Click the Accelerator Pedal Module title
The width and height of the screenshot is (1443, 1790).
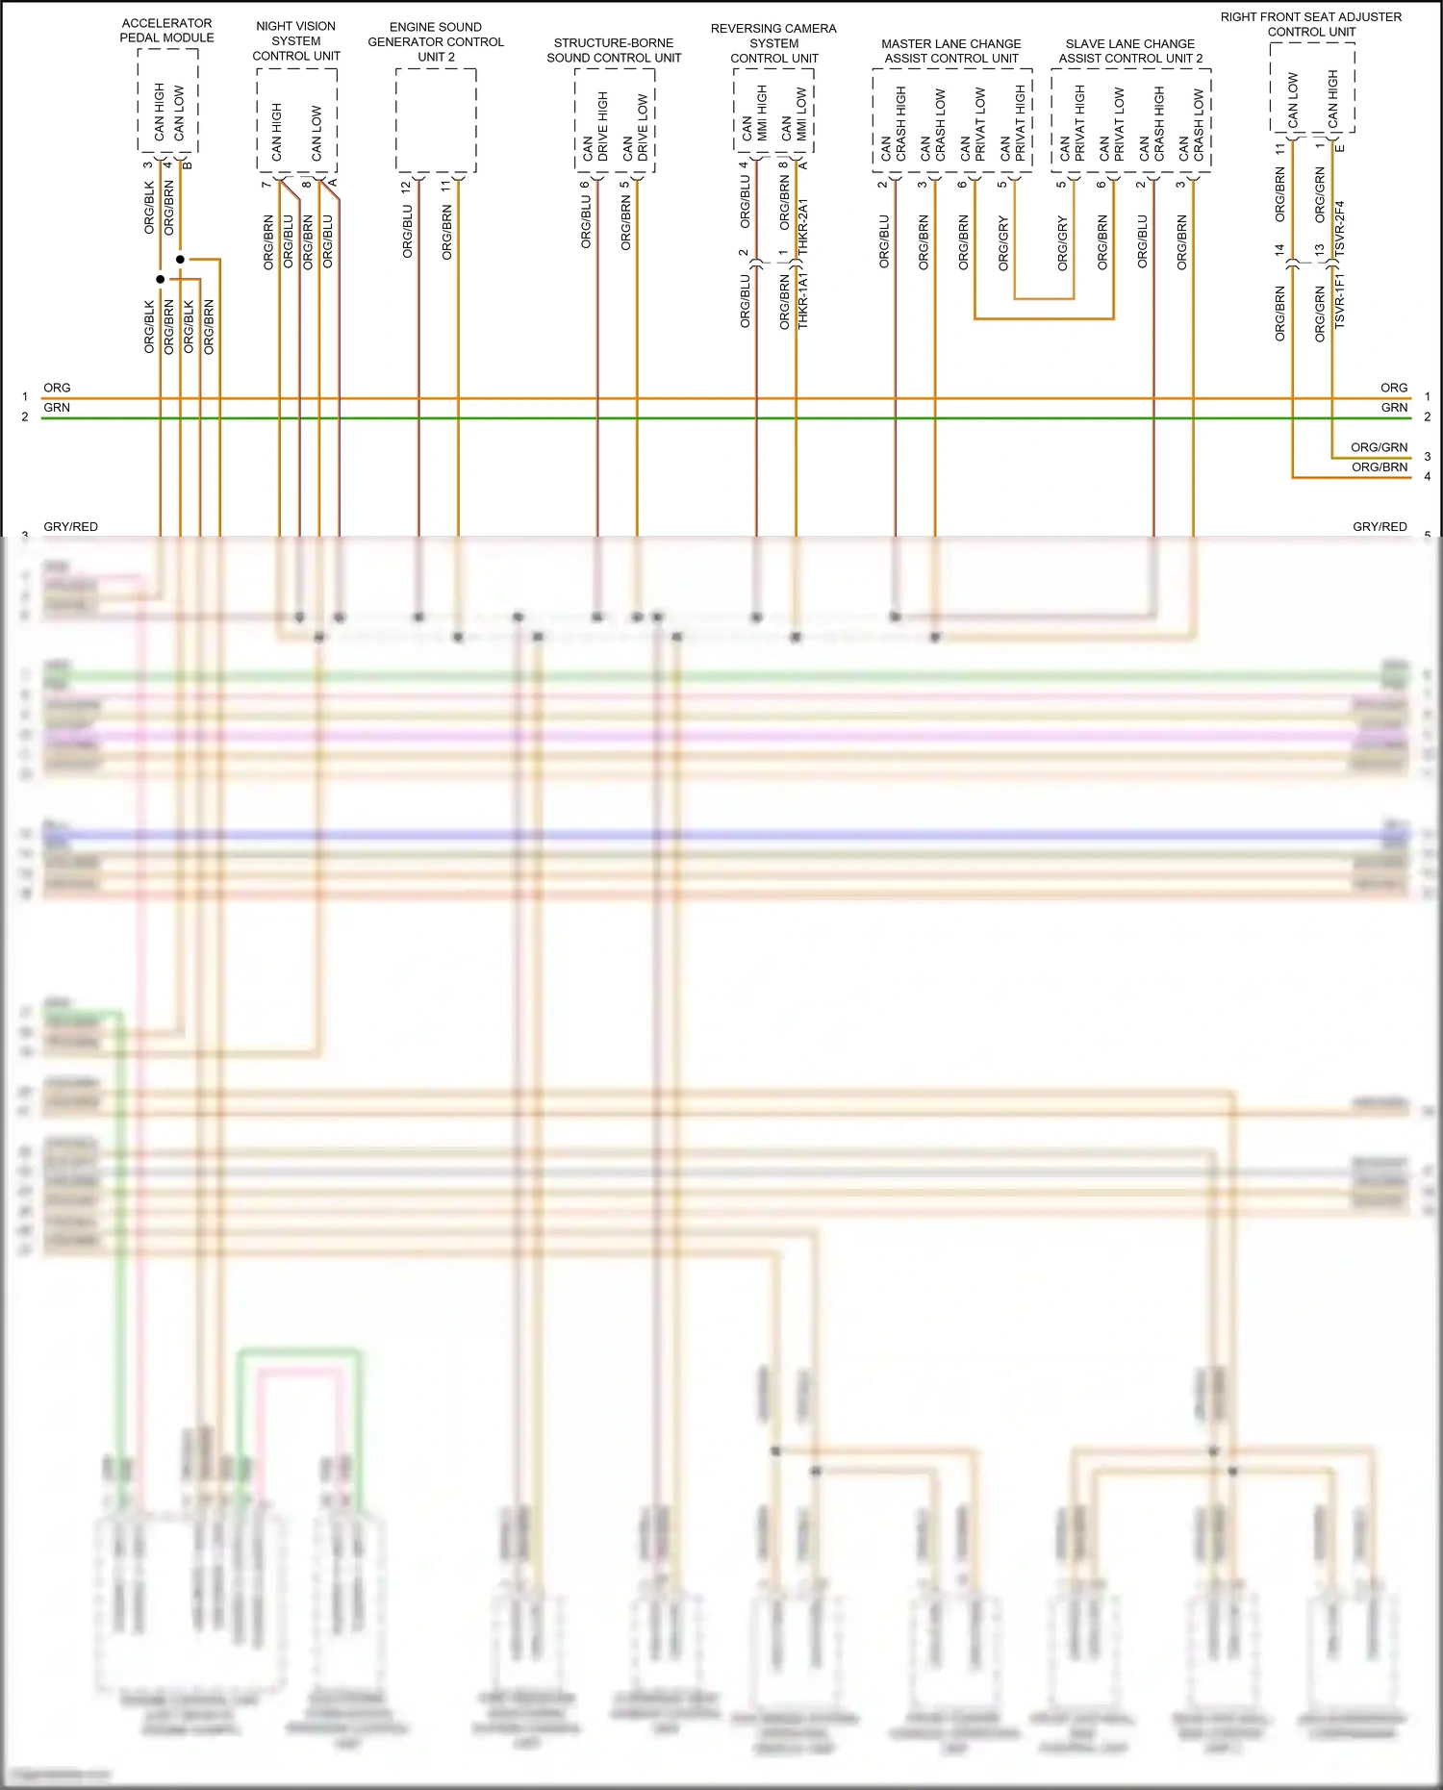tap(166, 30)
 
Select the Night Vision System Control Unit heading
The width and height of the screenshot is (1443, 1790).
tap(295, 40)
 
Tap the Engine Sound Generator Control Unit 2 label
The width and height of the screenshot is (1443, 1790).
tap(436, 41)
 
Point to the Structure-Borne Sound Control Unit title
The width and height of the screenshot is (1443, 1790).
tap(614, 50)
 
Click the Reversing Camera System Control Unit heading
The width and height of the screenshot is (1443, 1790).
tap(773, 43)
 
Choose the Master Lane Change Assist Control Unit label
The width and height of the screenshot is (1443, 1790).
tap(950, 51)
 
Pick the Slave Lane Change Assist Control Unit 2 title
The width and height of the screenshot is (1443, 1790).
tap(1130, 51)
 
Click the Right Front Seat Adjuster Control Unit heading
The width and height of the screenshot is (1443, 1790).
tap(1310, 24)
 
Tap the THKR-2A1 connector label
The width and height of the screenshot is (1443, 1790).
tap(803, 227)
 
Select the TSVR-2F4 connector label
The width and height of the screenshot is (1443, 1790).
tap(1339, 229)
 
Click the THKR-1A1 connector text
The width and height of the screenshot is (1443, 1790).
tap(803, 300)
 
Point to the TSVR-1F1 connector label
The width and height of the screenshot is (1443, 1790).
tap(1339, 300)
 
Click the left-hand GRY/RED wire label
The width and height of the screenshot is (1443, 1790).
tap(70, 526)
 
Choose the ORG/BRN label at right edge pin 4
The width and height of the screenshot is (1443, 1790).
tap(1379, 466)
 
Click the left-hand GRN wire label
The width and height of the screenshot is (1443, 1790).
tap(57, 407)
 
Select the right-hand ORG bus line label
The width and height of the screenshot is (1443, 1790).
tap(1393, 388)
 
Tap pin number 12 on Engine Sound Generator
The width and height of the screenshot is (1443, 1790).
tap(405, 186)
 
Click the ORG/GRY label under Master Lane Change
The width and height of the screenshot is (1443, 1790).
tap(1003, 242)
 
